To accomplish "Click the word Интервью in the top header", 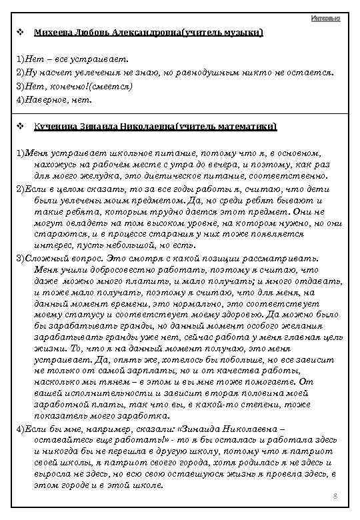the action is (x=326, y=18).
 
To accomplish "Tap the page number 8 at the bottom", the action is (x=335, y=497).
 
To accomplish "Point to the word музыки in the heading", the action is (x=244, y=33).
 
